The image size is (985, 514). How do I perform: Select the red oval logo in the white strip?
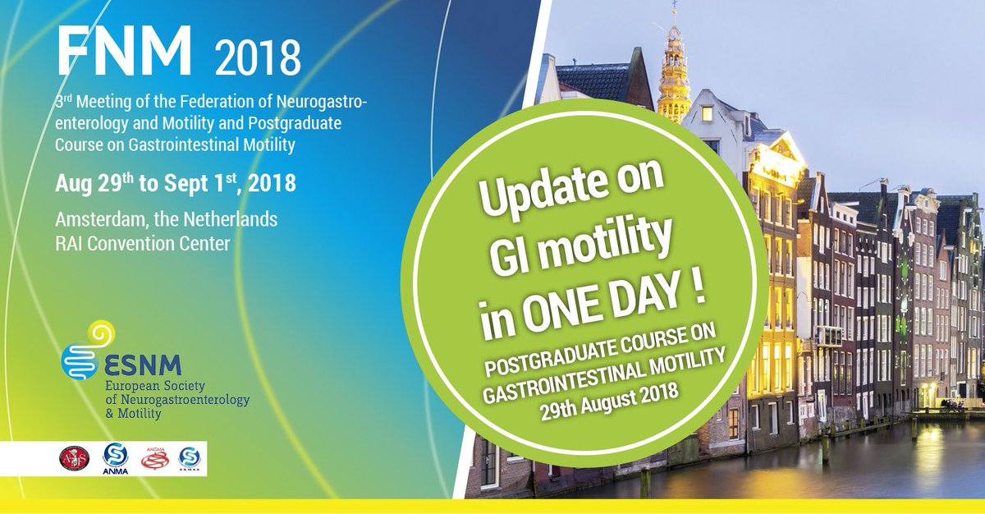point(76,458)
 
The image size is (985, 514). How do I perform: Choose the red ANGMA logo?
point(153,458)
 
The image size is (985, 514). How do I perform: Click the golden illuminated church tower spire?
point(673,70)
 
